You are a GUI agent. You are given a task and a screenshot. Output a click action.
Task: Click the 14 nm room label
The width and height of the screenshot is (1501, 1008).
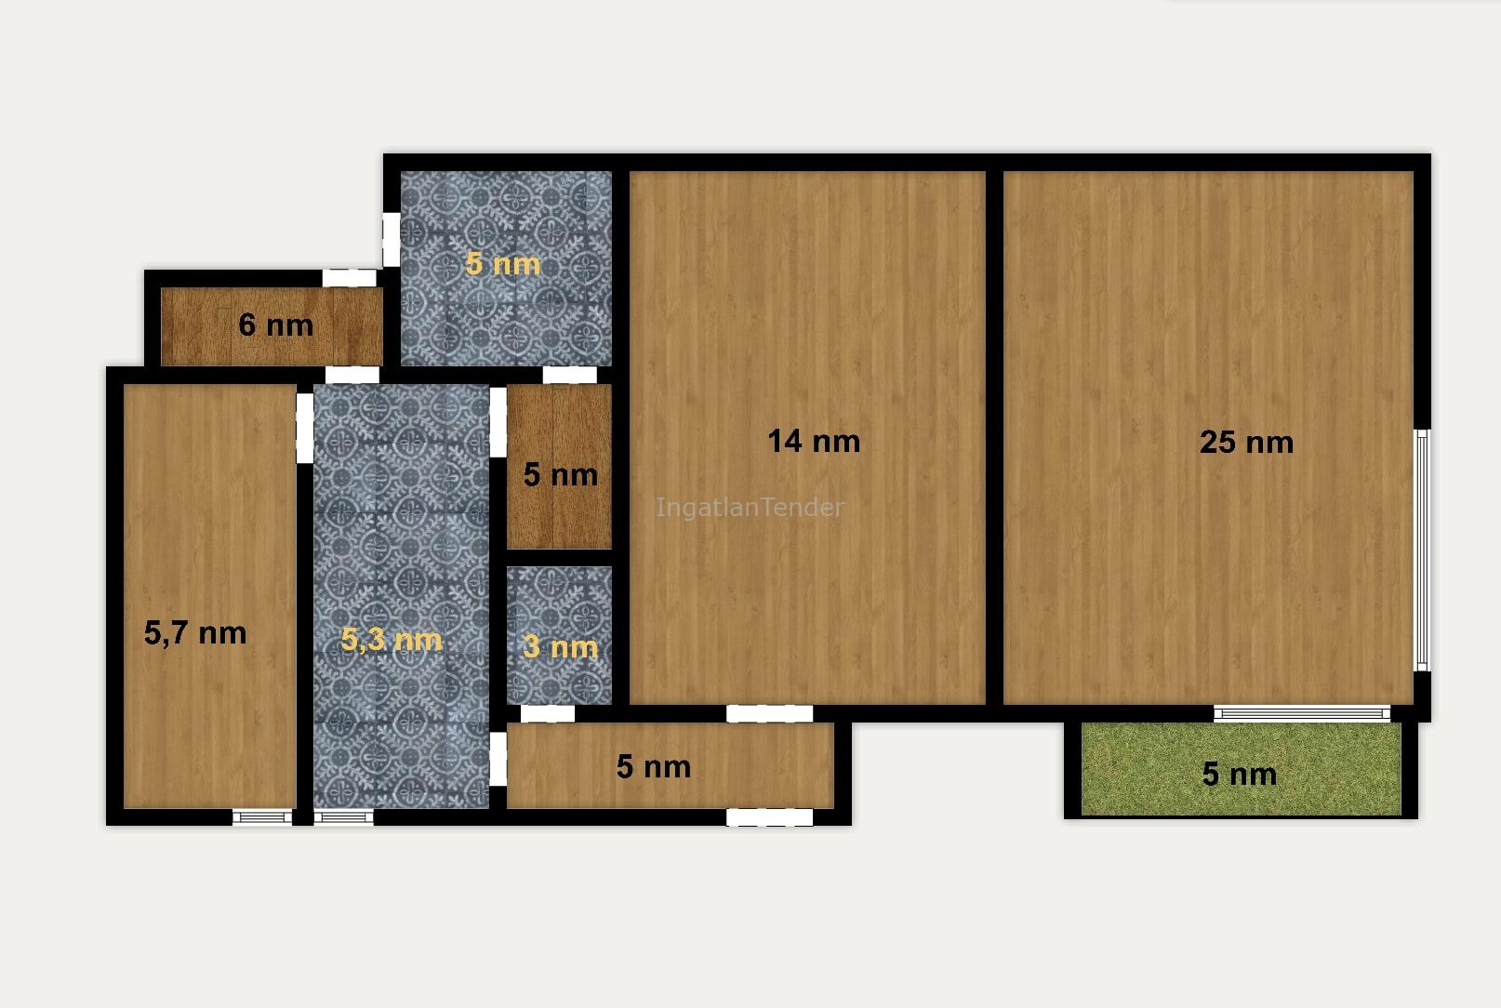(814, 441)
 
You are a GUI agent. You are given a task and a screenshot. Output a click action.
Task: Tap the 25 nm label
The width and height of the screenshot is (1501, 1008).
(1246, 443)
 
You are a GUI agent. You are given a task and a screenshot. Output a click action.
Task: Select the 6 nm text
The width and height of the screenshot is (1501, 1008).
(275, 325)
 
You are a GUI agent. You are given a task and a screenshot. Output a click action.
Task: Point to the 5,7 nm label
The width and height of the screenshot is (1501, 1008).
(195, 632)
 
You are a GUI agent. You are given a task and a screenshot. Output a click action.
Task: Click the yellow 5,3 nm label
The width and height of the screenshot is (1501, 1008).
(392, 640)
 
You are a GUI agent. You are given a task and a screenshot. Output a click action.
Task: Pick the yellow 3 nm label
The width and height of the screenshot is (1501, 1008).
(560, 647)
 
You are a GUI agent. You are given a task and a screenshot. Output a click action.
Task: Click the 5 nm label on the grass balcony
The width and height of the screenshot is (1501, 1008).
(1239, 774)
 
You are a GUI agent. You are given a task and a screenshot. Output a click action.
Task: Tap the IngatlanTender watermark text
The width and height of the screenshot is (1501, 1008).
(750, 507)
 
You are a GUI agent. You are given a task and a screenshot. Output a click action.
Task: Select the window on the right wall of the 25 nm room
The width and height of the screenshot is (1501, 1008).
(1422, 550)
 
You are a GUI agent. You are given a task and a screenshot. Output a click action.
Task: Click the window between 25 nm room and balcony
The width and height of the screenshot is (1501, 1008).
(1302, 713)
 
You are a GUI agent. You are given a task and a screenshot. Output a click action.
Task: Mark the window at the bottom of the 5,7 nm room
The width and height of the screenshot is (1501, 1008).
(262, 817)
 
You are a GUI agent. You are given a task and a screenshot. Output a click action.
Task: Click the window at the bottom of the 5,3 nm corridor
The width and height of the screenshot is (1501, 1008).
(344, 817)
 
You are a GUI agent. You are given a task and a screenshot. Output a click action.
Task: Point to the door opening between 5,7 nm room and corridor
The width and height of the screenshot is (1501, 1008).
(305, 428)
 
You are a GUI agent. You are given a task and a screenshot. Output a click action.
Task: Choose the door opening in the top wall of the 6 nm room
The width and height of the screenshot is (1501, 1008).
(349, 278)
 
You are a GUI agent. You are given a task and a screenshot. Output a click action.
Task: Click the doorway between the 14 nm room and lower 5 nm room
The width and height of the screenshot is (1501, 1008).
(770, 714)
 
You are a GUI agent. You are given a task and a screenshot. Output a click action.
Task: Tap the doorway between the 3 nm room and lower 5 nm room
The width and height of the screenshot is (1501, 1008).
(548, 714)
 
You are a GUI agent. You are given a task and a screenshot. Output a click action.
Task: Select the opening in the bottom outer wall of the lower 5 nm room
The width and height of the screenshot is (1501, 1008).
(770, 817)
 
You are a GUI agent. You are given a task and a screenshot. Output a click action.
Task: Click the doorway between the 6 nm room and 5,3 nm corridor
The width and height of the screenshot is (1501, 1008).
(352, 376)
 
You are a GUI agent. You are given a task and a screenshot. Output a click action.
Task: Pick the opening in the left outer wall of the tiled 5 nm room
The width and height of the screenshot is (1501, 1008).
(392, 239)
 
